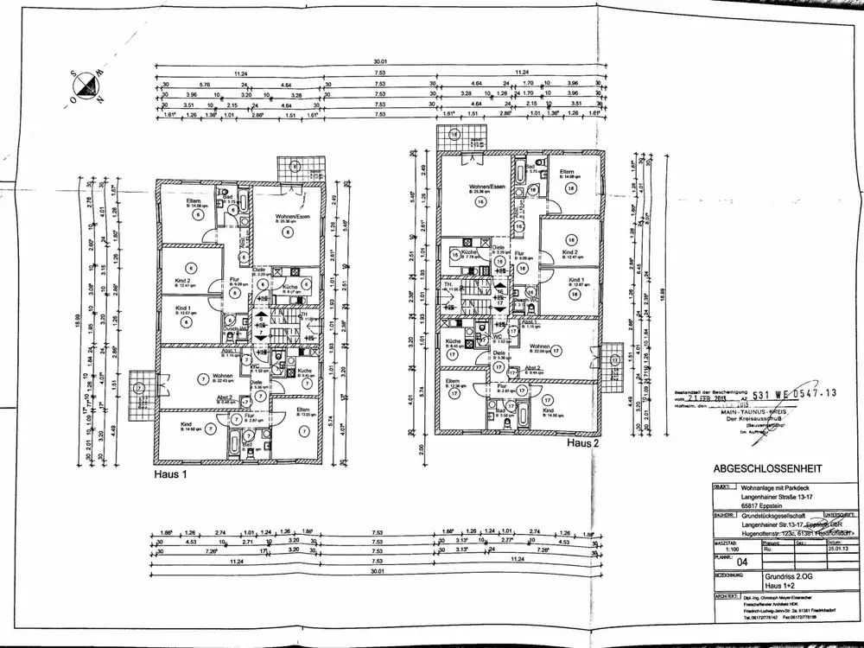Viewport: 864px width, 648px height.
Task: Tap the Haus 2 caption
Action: coord(584,443)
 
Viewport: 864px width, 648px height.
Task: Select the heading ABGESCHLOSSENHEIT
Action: coord(766,469)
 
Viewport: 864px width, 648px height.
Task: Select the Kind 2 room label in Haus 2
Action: coord(569,252)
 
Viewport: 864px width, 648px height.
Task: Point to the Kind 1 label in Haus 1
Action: coord(182,308)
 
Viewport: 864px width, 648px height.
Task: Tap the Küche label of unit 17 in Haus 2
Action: coord(452,341)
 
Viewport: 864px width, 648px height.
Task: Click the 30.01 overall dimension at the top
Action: coord(379,61)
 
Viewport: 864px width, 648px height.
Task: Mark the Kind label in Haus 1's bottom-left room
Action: coord(186,424)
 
